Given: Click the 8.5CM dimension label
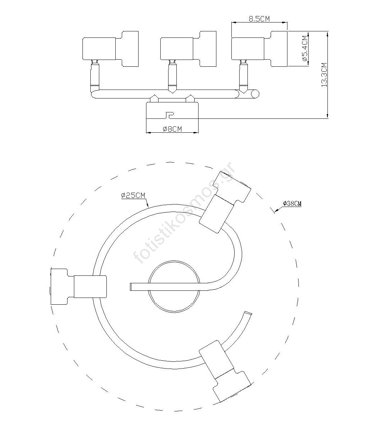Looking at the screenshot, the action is point(259,19).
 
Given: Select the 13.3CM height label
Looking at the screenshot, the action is point(324,75).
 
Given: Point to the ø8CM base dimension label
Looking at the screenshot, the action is point(172,129).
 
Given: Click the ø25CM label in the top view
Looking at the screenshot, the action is point(133,196).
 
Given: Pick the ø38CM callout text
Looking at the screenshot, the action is point(292,203).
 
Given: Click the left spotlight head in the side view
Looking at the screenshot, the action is point(110,49).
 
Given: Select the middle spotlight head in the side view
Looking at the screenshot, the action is point(189,49).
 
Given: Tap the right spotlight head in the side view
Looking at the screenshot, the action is point(260,49).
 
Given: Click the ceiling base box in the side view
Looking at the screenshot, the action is point(172,111).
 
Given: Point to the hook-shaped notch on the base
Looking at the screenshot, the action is point(170,115).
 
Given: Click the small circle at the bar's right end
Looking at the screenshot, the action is point(255,94).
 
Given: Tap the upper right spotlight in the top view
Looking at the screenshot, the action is point(225,202).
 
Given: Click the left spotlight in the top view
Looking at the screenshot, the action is point(79,286).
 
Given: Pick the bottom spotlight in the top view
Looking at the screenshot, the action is point(225,371).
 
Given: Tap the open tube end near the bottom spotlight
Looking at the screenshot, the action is point(248,313).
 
